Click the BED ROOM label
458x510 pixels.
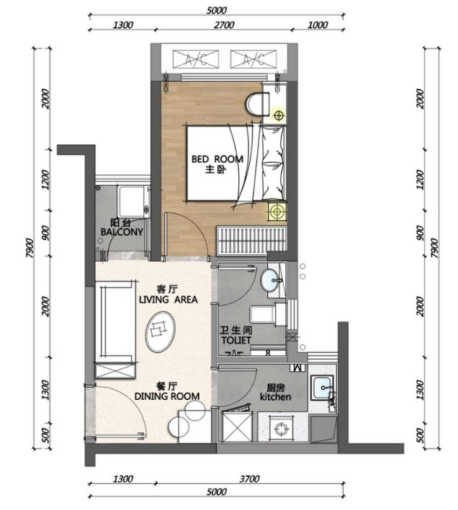pyautogui.click(x=217, y=159)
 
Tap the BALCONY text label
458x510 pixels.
pyautogui.click(x=122, y=231)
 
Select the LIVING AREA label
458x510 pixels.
pyautogui.click(x=168, y=299)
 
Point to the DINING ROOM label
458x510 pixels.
pyautogui.click(x=167, y=396)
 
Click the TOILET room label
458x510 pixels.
pyautogui.click(x=236, y=340)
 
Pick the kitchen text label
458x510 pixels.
pyautogui.click(x=275, y=397)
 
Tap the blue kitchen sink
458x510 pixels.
pyautogui.click(x=322, y=387)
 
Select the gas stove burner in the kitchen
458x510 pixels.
pyautogui.click(x=280, y=429)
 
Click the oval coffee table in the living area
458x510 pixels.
pyautogui.click(x=161, y=332)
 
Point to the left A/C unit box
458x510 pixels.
pyautogui.click(x=196, y=59)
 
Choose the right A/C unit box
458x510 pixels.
pyautogui.click(x=253, y=59)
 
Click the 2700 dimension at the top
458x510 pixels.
pyautogui.click(x=224, y=25)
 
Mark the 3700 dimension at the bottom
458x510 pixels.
pyautogui.click(x=249, y=479)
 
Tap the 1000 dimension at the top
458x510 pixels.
pyautogui.click(x=318, y=25)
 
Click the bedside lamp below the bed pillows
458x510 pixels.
pyautogui.click(x=277, y=211)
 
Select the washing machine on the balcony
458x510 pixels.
pyautogui.click(x=134, y=202)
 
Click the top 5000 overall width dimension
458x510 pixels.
pyautogui.click(x=217, y=10)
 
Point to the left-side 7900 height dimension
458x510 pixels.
pyautogui.click(x=30, y=249)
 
